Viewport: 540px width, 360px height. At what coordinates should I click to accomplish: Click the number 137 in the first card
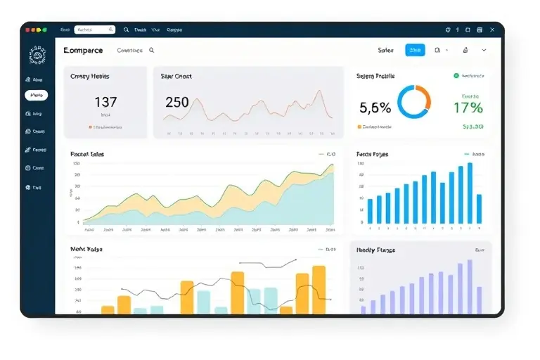pyautogui.click(x=105, y=102)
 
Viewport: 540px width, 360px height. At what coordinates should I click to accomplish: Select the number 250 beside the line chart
pyautogui.click(x=176, y=102)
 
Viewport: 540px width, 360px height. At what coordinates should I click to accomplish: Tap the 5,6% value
pyautogui.click(x=375, y=108)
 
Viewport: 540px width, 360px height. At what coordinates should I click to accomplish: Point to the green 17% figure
pyautogui.click(x=468, y=108)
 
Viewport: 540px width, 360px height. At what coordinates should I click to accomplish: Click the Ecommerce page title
pyautogui.click(x=83, y=51)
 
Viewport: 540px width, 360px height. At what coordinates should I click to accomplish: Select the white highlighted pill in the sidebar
pyautogui.click(x=37, y=95)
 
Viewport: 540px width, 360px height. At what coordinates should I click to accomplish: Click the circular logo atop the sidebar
pyautogui.click(x=37, y=55)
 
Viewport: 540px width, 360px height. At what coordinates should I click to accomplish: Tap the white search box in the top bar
pyautogui.click(x=94, y=30)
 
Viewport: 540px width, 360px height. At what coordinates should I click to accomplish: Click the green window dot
pyautogui.click(x=44, y=30)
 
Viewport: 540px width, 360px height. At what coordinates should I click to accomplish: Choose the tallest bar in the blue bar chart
pyautogui.click(x=470, y=193)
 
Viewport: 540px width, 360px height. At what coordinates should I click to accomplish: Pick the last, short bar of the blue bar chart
pyautogui.click(x=479, y=209)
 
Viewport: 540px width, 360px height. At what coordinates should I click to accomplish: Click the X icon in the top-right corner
pyautogui.click(x=491, y=30)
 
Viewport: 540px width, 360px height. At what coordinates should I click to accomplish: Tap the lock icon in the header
pyautogui.click(x=465, y=51)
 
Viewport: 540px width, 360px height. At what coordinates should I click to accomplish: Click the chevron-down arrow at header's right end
pyautogui.click(x=484, y=51)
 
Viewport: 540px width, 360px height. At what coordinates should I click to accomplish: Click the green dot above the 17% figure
pyautogui.click(x=456, y=75)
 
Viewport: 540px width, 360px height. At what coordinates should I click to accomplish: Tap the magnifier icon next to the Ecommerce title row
pyautogui.click(x=152, y=51)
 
